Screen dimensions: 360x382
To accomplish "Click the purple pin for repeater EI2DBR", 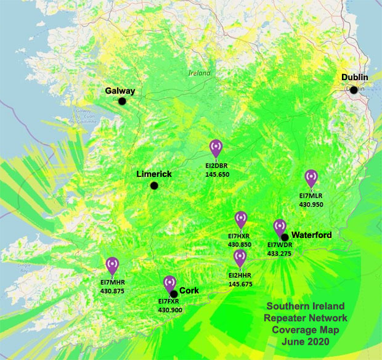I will click(216, 148).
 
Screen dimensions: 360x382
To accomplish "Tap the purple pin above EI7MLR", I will click(311, 178).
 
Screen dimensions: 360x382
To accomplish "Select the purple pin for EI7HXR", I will click(241, 219).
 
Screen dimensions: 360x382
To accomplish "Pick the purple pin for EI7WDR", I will click(279, 227).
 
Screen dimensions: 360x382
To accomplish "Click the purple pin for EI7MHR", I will click(112, 265).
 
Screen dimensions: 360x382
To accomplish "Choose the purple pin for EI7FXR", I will click(169, 284).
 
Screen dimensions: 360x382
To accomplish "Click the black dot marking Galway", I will click(122, 101).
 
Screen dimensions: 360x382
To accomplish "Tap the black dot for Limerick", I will click(153, 186).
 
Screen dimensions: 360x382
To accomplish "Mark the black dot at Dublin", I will click(354, 90).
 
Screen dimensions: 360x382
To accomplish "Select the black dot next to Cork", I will click(174, 293).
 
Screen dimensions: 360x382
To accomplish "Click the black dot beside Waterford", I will click(285, 237).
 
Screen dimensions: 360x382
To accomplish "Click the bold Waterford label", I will click(311, 235).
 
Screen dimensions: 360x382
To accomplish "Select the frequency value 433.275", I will click(279, 253).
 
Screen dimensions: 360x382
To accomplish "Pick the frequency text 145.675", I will click(240, 284).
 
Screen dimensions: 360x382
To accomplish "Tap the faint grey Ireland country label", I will click(199, 73).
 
